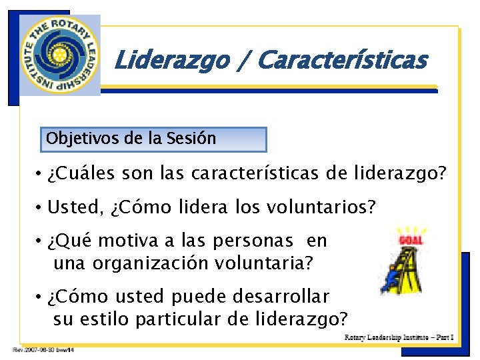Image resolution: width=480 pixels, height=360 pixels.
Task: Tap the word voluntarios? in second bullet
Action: (319, 208)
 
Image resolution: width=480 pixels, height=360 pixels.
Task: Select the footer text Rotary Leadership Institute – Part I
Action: (399, 337)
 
